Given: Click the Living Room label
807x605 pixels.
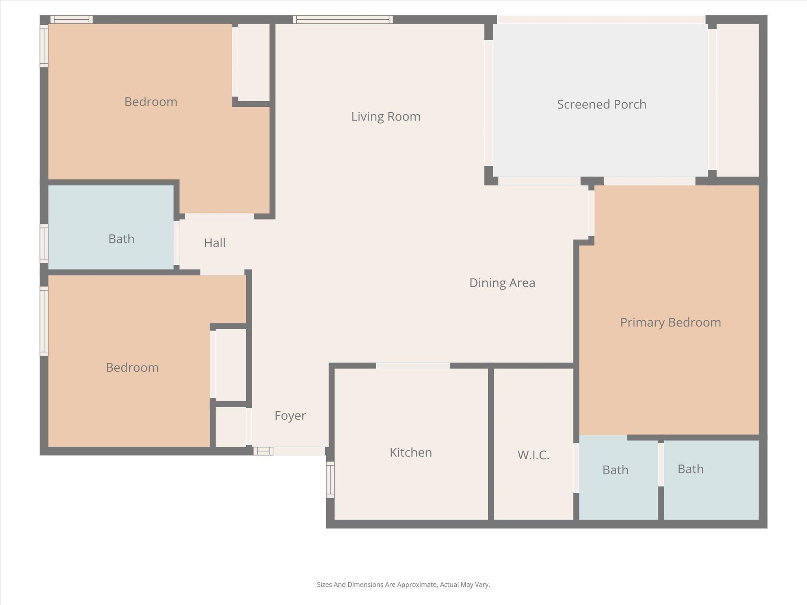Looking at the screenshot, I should point(386,117).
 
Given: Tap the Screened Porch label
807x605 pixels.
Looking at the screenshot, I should point(601,104).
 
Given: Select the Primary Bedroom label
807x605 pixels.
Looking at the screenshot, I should point(670,323).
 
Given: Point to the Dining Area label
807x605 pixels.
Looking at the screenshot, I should point(502,283).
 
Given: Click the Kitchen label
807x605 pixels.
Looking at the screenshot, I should point(411,453).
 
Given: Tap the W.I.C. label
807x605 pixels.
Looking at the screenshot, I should point(533,455).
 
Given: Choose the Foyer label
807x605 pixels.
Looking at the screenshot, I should point(290,416).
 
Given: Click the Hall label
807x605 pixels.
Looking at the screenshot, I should point(215,243).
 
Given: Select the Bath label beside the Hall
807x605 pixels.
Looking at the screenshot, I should point(121,239).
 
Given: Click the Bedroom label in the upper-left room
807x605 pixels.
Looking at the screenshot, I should point(151,102).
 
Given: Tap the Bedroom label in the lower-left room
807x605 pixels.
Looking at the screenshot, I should point(132,367).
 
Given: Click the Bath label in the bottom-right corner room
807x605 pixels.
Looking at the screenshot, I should point(690,469).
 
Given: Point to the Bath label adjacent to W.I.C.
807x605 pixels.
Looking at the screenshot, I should point(615,470).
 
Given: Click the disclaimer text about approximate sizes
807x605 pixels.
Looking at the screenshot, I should point(403,585).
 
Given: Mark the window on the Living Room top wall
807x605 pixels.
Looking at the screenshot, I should point(342,20).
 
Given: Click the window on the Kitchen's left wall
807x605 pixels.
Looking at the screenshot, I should point(330,479).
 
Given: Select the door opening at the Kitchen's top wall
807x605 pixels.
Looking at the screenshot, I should point(413,366).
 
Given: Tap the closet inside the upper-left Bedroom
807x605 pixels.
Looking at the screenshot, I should point(254,62).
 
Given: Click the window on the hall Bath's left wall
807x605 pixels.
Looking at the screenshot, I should point(44,243).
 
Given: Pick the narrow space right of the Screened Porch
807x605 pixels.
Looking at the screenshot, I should point(737,100).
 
